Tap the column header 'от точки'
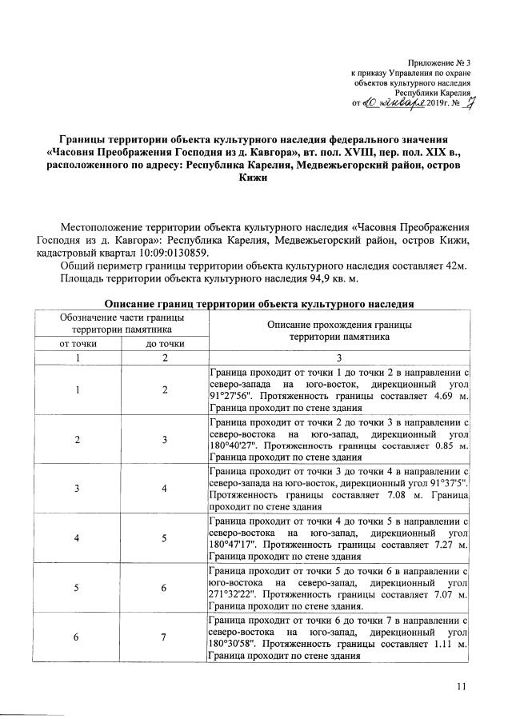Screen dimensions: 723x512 pyautogui.click(x=75, y=343)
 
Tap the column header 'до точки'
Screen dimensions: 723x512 pyautogui.click(x=165, y=343)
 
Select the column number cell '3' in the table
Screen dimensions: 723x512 pyautogui.click(x=338, y=358)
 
